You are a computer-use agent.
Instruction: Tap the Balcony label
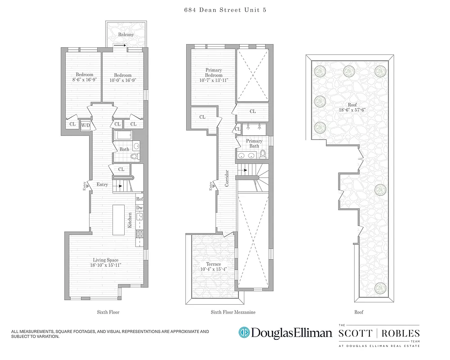tap(126, 35)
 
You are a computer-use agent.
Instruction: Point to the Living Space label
tap(106, 260)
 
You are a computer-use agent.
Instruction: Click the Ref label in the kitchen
tap(139, 199)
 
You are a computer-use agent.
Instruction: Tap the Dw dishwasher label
tap(139, 207)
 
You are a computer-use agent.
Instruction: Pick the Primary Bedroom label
tap(213, 73)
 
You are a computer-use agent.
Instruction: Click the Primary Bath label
tap(254, 144)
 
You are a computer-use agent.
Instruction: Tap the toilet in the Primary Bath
tap(264, 155)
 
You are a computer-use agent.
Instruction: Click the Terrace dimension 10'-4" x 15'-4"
tap(213, 270)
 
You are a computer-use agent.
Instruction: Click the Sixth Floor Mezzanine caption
tap(230, 312)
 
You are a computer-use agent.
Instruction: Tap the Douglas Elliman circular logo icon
tap(244, 333)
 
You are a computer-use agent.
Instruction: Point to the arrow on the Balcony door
tap(119, 45)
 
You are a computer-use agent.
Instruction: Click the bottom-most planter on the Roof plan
tap(381, 287)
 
